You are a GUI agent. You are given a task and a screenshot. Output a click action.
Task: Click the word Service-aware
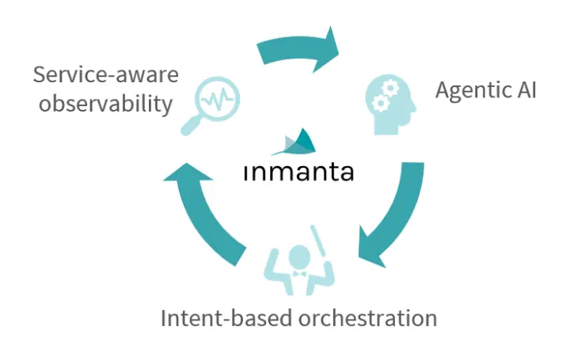[x=106, y=75]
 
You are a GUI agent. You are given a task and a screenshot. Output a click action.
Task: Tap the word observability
[x=105, y=104]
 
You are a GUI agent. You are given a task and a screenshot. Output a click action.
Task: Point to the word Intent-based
[x=226, y=318]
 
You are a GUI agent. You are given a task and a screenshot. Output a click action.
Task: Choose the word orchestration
[x=367, y=318]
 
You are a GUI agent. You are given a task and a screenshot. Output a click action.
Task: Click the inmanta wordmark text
[x=298, y=172]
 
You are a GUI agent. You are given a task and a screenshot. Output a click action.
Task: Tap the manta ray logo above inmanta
[x=294, y=142]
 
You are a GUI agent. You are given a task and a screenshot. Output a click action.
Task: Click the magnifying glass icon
[x=211, y=105]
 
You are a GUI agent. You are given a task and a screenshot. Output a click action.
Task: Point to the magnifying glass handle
[x=192, y=125]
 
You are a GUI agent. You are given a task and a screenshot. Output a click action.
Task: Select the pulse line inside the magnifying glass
[x=218, y=98]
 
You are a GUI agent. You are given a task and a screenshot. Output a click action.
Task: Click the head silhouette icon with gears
[x=390, y=104]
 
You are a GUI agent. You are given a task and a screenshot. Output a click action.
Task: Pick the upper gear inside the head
[x=390, y=88]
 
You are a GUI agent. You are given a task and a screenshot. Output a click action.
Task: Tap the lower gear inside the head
[x=380, y=104]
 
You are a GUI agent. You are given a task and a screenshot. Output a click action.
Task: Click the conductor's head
[x=299, y=257]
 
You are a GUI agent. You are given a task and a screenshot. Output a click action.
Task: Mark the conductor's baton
[x=317, y=241]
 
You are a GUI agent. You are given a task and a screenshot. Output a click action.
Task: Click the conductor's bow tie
[x=299, y=274]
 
